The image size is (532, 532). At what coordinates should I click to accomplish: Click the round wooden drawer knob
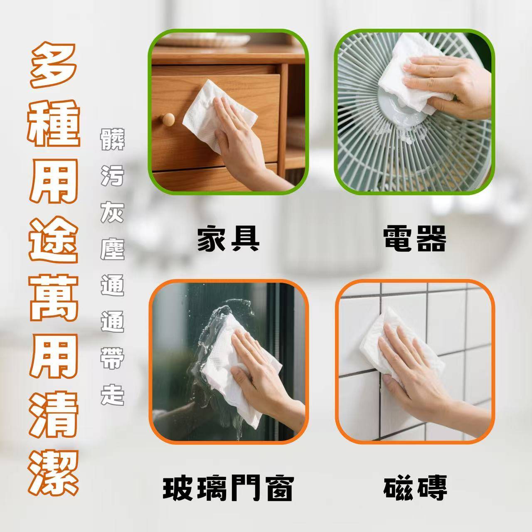click(168, 119)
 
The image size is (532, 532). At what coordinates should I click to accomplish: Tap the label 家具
click(228, 238)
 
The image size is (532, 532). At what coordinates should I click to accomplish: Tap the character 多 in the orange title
click(53, 65)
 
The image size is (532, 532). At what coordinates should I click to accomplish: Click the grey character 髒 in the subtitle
click(112, 139)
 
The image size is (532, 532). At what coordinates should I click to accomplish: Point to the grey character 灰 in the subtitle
click(112, 212)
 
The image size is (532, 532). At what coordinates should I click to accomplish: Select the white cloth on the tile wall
click(398, 348)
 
